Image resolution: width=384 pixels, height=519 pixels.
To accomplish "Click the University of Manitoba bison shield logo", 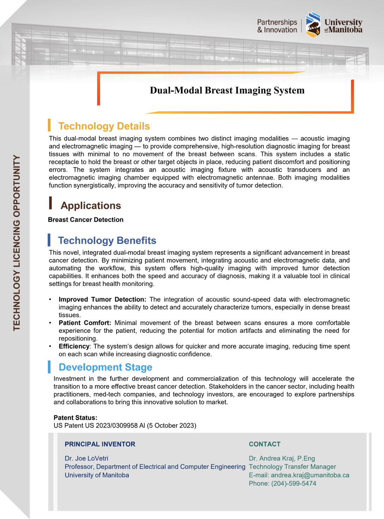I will [x=313, y=25].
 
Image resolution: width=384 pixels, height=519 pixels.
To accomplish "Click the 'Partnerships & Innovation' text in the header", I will [x=277, y=26].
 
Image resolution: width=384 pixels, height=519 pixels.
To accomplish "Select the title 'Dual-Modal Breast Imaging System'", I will [x=227, y=90].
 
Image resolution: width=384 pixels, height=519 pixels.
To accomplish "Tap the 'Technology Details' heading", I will [x=104, y=126].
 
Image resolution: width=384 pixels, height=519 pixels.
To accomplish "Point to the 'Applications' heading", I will [x=91, y=205].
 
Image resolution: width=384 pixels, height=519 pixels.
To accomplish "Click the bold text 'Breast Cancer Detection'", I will [x=86, y=219].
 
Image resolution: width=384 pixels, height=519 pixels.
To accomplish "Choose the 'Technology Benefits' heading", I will [x=107, y=240].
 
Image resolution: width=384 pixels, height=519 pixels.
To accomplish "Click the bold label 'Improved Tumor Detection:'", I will [x=102, y=299].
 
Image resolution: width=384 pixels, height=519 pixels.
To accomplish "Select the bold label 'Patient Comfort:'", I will [x=85, y=323].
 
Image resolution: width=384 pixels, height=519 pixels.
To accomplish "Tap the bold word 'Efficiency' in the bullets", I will [x=74, y=346].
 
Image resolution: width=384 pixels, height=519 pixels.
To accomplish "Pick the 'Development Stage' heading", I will [x=105, y=367].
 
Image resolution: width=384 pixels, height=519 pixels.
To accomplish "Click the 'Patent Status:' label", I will [x=76, y=418].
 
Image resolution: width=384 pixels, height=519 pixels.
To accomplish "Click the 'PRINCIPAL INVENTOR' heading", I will [x=100, y=444].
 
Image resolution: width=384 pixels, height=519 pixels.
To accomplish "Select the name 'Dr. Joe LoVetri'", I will [x=86, y=458].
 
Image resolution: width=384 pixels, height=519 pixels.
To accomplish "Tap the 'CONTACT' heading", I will [x=265, y=444].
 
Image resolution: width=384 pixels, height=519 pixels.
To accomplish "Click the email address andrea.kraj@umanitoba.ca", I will [x=310, y=475].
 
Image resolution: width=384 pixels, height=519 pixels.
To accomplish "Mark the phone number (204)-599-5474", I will [x=294, y=483].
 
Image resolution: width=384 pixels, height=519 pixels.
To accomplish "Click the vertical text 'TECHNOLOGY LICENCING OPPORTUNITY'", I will [x=17, y=243].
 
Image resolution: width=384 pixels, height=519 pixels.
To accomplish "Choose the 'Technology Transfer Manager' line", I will [x=292, y=467].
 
